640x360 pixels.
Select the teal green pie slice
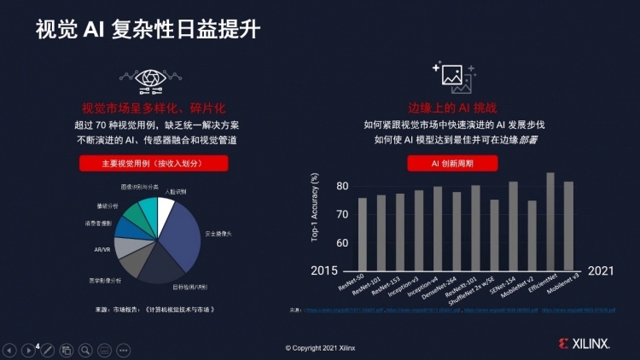pos(147,210)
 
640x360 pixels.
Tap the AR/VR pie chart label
pos(102,250)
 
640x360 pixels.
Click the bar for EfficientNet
pos(550,221)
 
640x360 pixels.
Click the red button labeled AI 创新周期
pos(452,163)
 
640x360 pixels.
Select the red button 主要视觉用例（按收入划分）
pos(154,163)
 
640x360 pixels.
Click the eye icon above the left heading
pos(154,78)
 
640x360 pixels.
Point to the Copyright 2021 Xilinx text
pos(321,348)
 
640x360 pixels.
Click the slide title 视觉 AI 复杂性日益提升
pos(148,29)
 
